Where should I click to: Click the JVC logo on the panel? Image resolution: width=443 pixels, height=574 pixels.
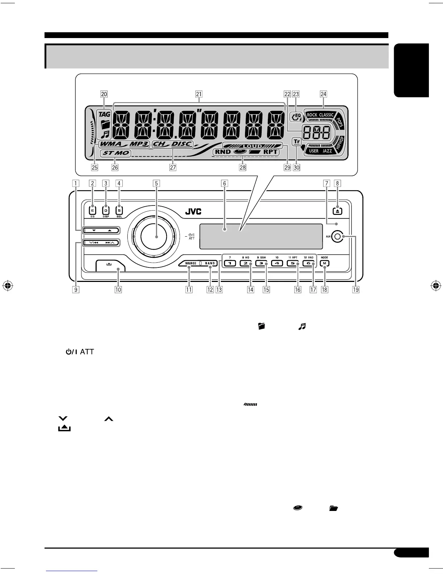click(193, 212)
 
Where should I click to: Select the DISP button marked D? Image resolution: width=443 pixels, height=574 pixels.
click(106, 211)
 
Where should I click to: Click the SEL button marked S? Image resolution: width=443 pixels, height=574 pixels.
click(119, 211)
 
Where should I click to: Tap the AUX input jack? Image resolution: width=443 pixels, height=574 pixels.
click(337, 237)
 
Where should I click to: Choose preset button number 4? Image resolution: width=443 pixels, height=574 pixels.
click(277, 263)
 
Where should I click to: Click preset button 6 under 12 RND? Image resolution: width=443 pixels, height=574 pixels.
click(309, 263)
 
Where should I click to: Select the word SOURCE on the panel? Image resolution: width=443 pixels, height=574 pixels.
click(191, 263)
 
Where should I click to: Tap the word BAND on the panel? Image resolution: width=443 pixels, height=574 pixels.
click(210, 263)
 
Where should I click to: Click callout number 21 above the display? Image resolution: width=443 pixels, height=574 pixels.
click(199, 94)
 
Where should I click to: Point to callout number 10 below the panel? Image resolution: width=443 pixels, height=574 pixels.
click(118, 290)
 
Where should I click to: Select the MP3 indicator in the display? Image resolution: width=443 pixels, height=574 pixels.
click(139, 144)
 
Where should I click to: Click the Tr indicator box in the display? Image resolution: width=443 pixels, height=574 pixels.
click(296, 142)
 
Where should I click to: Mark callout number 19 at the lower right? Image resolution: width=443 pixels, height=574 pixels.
click(356, 290)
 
